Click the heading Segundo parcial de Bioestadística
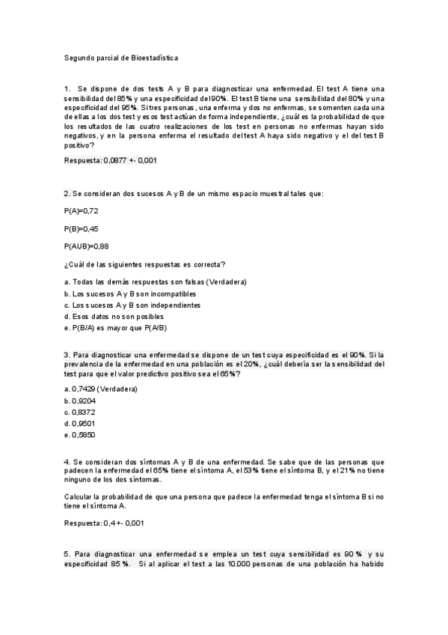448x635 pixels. pyautogui.click(x=121, y=57)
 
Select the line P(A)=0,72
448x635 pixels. pyautogui.click(x=82, y=211)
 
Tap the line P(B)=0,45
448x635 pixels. pyautogui.click(x=82, y=228)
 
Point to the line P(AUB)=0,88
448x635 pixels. pyautogui.click(x=87, y=246)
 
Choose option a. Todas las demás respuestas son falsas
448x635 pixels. pyautogui.click(x=156, y=282)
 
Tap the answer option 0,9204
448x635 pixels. pyautogui.click(x=80, y=401)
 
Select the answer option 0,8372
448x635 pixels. pyautogui.click(x=80, y=412)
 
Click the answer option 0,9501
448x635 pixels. pyautogui.click(x=80, y=423)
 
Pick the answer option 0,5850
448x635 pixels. pyautogui.click(x=80, y=435)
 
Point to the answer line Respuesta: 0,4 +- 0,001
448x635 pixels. pyautogui.click(x=104, y=523)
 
